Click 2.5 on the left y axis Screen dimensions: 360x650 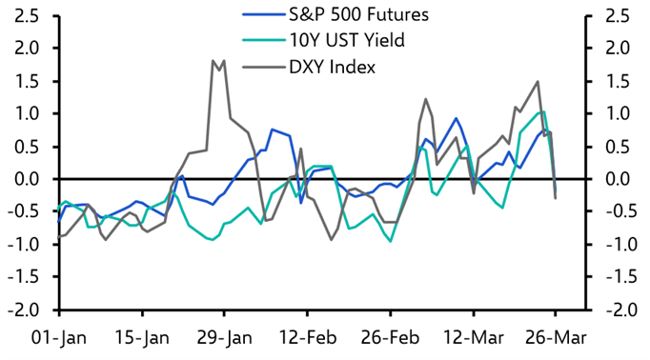pyautogui.click(x=26, y=15)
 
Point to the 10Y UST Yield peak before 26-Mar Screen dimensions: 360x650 pyautogui.click(x=542, y=111)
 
